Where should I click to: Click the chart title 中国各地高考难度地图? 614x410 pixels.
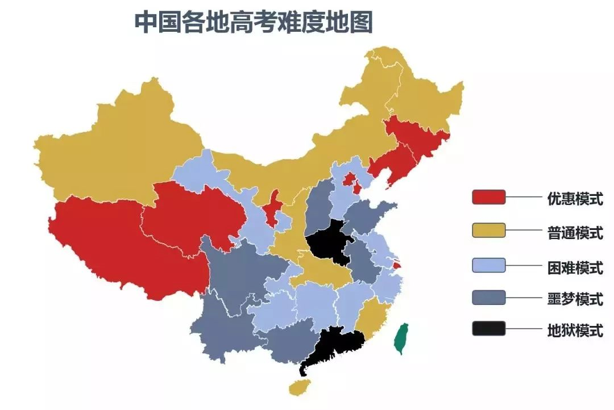click(x=253, y=23)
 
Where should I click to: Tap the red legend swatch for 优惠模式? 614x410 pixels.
click(x=488, y=197)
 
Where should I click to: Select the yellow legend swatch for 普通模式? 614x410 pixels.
click(x=488, y=230)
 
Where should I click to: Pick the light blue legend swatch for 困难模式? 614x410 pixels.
click(x=488, y=265)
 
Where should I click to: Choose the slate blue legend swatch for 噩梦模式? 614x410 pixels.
click(x=488, y=297)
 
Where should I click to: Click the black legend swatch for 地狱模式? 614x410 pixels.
click(x=488, y=329)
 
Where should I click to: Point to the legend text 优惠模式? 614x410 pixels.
click(x=575, y=199)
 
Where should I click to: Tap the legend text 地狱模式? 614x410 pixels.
click(x=575, y=330)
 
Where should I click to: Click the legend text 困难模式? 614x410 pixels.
click(x=575, y=266)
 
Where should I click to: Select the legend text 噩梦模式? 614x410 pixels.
click(x=575, y=299)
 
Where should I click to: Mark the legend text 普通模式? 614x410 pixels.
click(x=575, y=232)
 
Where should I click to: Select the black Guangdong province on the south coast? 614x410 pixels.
click(x=335, y=344)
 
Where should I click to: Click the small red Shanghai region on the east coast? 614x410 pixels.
click(x=397, y=264)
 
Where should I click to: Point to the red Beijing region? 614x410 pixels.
click(x=349, y=181)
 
